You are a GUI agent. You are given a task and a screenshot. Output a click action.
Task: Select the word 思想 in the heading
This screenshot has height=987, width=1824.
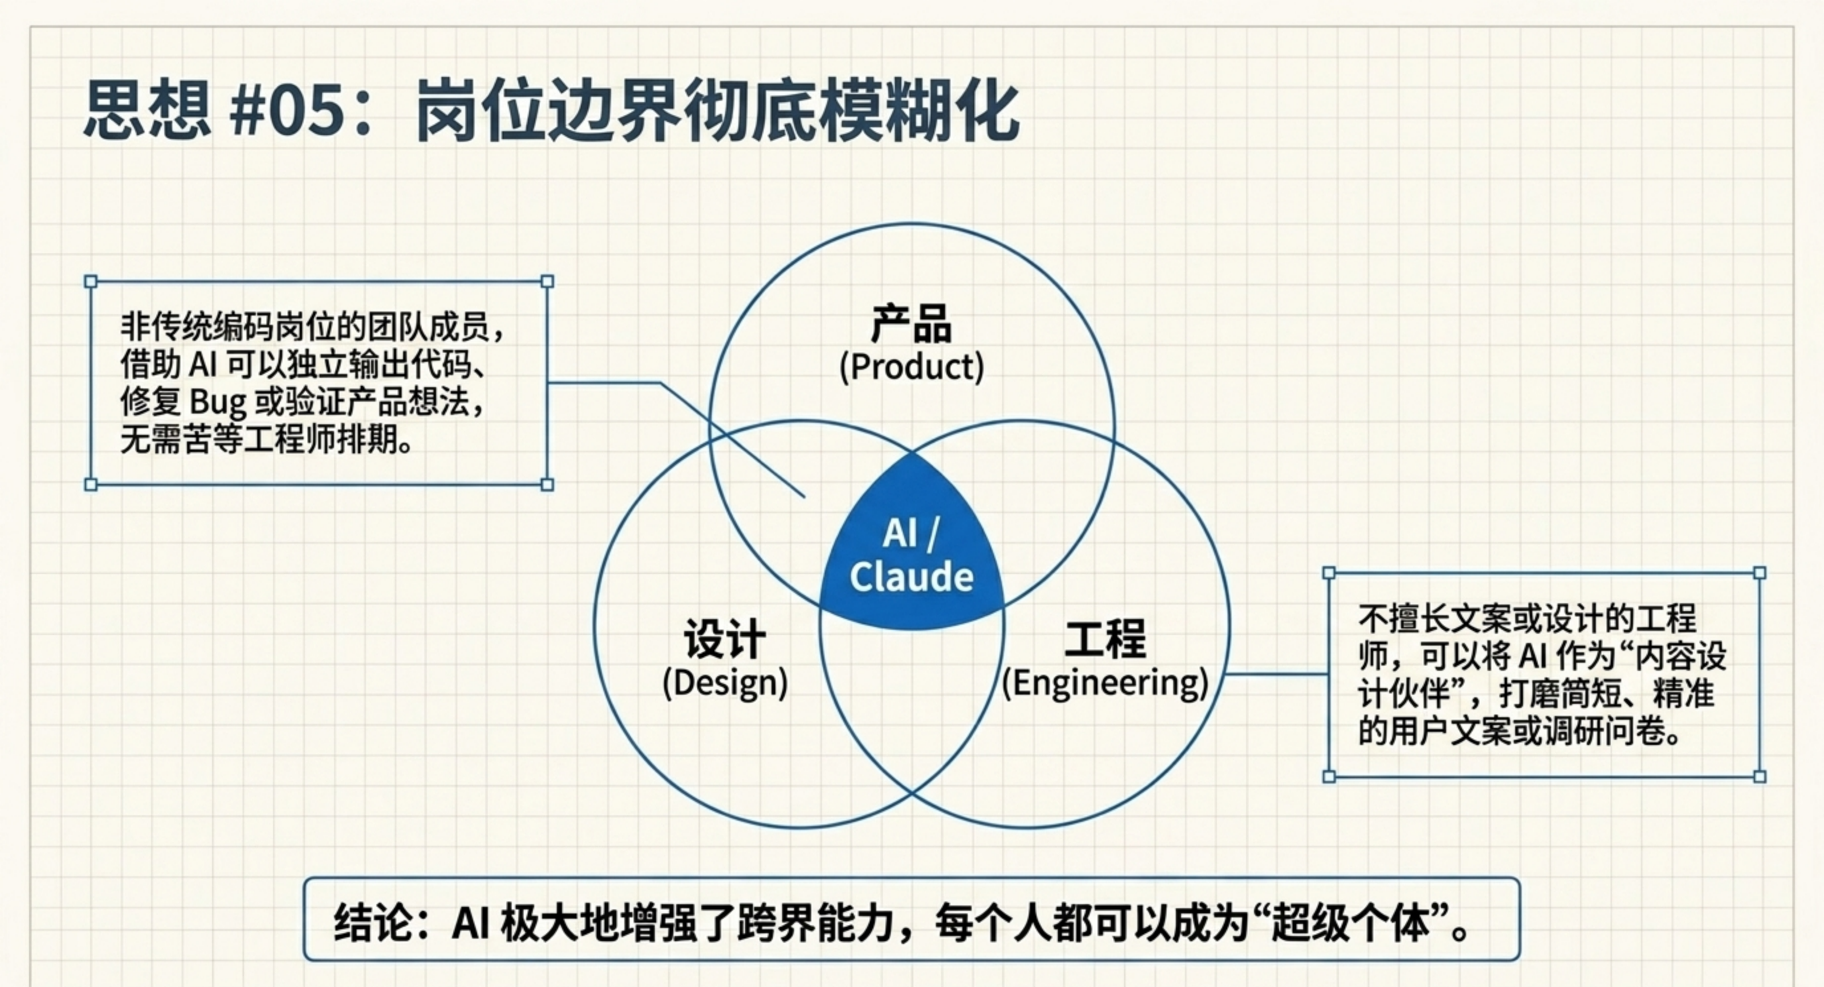[147, 111]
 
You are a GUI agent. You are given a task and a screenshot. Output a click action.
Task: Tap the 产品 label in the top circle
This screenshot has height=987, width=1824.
[911, 324]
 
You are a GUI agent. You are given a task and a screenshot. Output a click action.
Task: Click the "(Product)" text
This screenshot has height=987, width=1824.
[911, 367]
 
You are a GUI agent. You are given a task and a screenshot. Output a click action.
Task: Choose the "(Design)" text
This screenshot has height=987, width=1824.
[724, 683]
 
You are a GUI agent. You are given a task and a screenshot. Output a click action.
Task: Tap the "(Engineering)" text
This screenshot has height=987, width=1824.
[1106, 683]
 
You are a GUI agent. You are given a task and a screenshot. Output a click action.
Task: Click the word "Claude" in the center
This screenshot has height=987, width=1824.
[912, 577]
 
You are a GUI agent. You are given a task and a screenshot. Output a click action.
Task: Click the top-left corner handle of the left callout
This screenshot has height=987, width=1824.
[91, 282]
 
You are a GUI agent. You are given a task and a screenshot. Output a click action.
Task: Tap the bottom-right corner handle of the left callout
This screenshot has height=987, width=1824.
[547, 485]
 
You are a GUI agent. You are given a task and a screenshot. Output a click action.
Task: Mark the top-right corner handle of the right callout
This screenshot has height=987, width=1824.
[1760, 573]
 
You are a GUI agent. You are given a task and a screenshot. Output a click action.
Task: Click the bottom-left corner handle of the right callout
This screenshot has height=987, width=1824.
[1329, 776]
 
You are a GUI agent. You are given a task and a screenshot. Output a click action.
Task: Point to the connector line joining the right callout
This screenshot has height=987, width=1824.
[1277, 674]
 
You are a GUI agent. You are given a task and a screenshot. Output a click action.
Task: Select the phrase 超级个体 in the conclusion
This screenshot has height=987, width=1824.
[1351, 923]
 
